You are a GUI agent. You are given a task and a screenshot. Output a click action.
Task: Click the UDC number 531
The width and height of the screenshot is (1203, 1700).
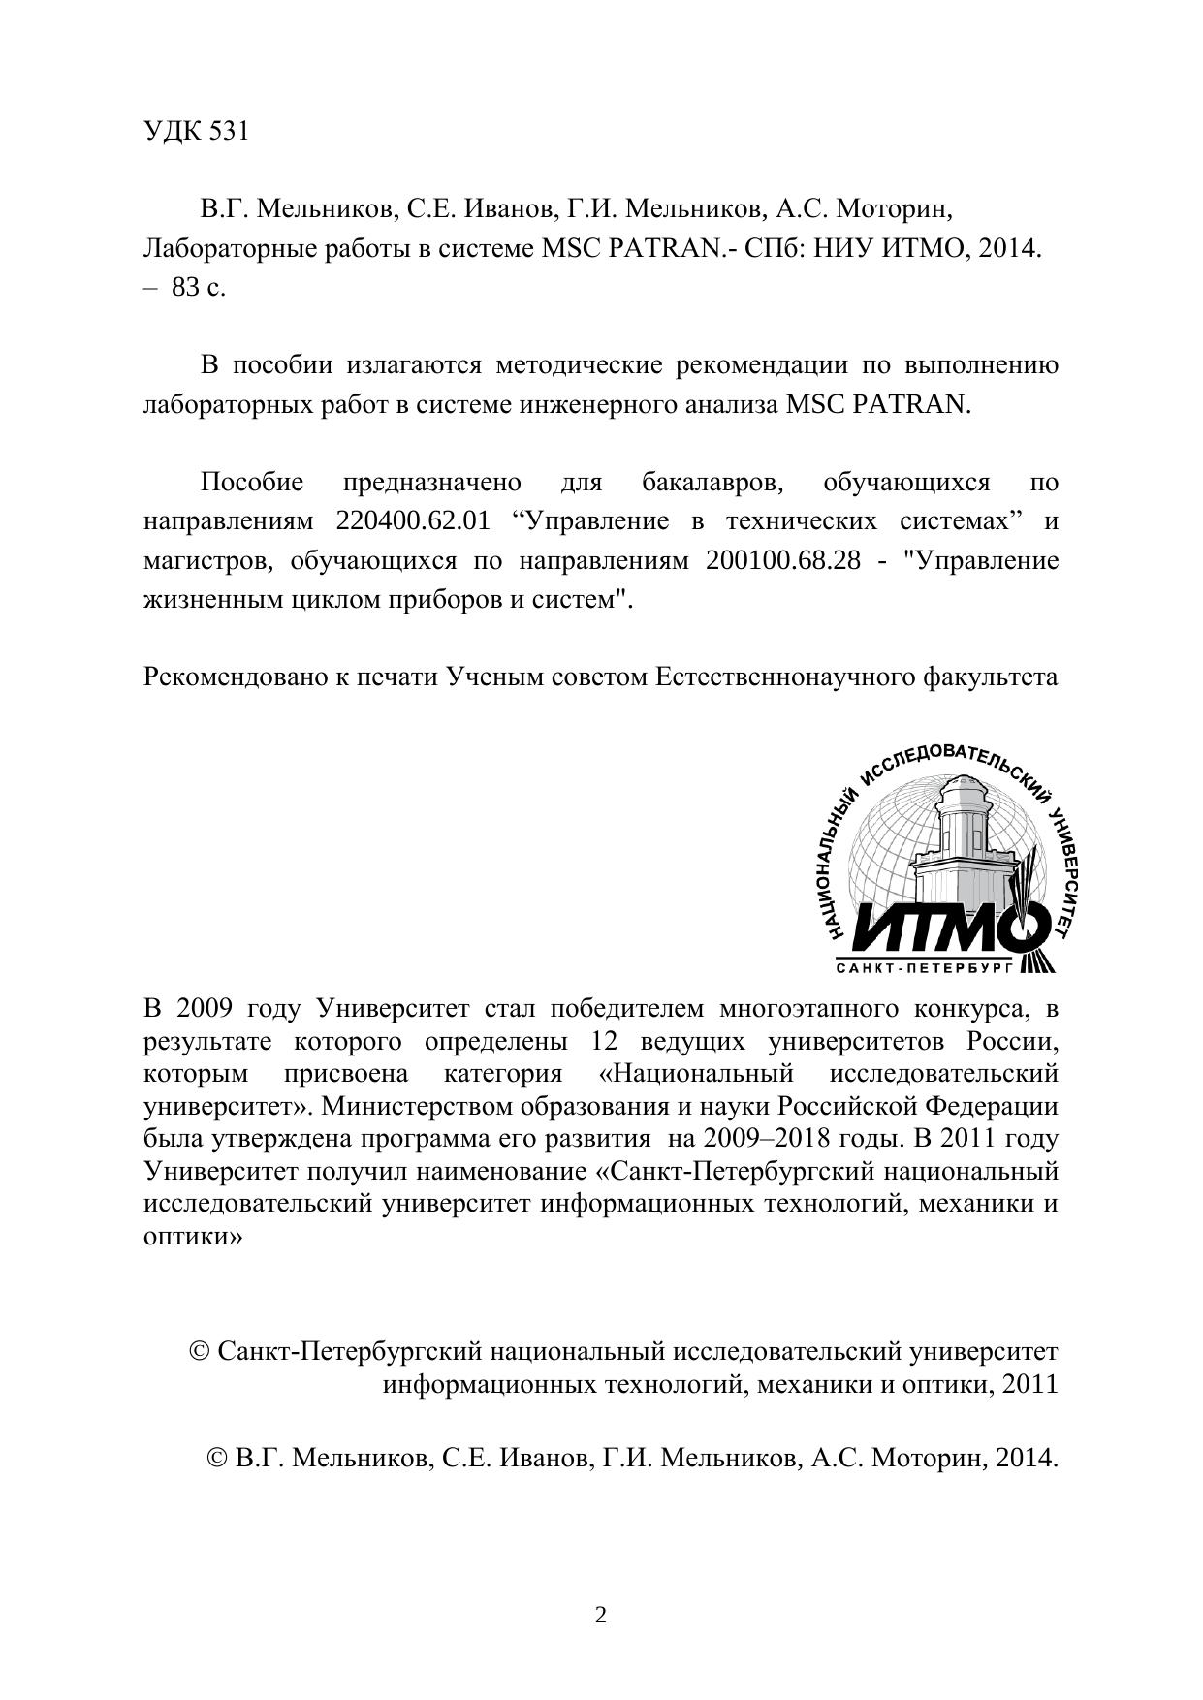(229, 132)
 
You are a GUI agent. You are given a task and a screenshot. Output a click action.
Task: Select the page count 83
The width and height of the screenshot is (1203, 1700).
(185, 288)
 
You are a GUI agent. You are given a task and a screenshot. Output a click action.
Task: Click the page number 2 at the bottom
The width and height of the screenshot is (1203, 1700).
(601, 1615)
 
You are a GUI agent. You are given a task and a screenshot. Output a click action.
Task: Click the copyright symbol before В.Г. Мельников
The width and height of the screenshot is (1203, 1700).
(217, 1458)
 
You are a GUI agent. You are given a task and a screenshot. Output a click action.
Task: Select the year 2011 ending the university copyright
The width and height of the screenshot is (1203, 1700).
(1029, 1384)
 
